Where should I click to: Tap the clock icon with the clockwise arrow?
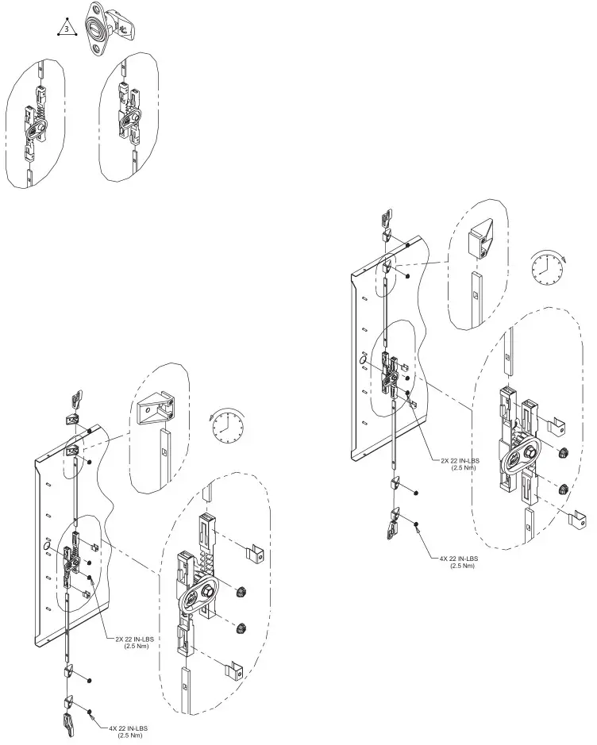(x=548, y=270)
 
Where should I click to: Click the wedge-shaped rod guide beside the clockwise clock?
(x=482, y=238)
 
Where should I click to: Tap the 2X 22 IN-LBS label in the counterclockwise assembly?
(x=128, y=642)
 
